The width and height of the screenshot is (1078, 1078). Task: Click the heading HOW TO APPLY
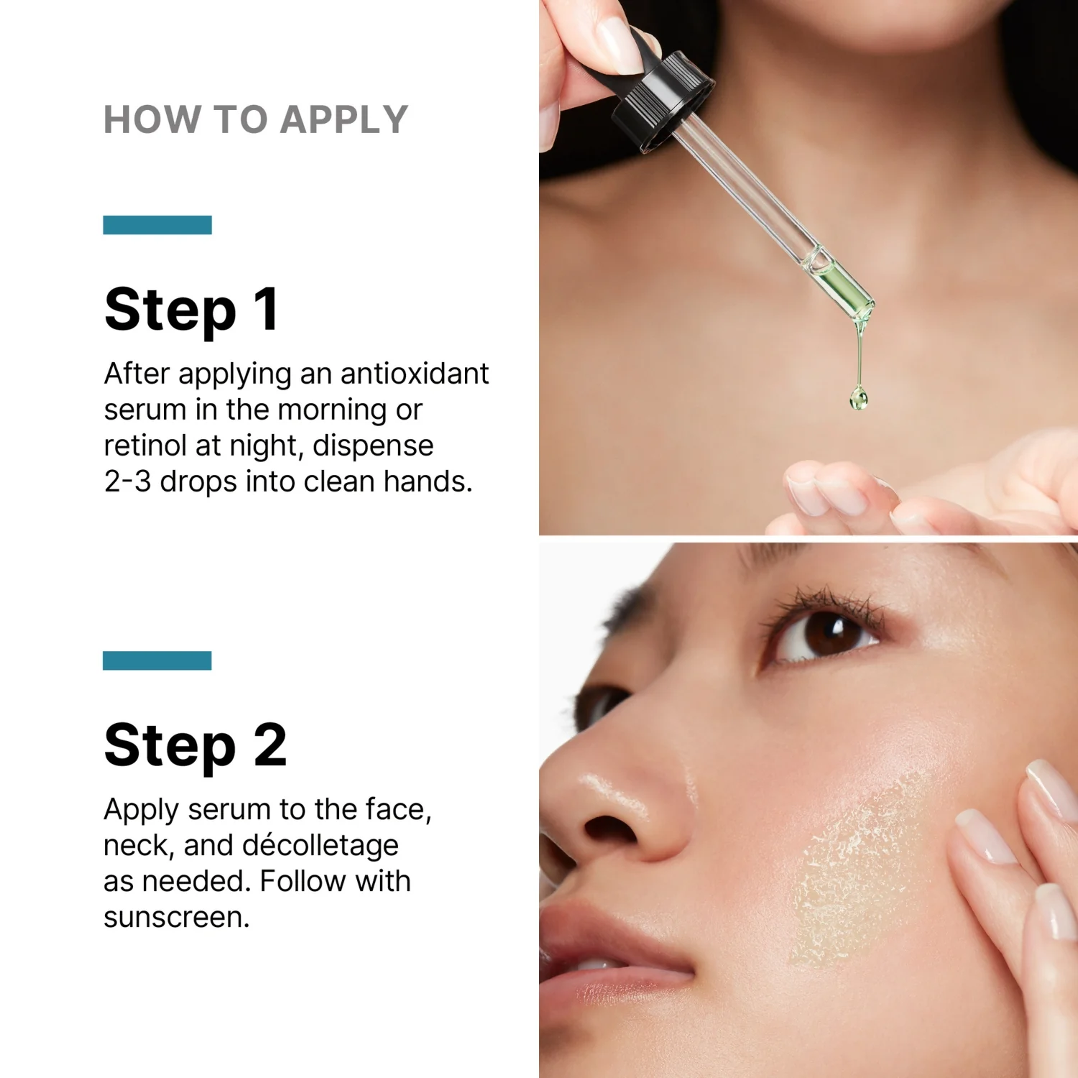pyautogui.click(x=256, y=119)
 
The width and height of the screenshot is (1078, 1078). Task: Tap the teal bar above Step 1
pyautogui.click(x=157, y=225)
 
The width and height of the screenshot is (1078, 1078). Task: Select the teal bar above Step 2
pyautogui.click(x=157, y=660)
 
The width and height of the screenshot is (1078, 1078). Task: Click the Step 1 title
pyautogui.click(x=191, y=310)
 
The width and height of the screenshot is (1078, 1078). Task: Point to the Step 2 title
pyautogui.click(x=195, y=746)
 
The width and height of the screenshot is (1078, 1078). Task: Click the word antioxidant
pyautogui.click(x=415, y=374)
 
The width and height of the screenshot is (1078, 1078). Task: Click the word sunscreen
pyautogui.click(x=176, y=918)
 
